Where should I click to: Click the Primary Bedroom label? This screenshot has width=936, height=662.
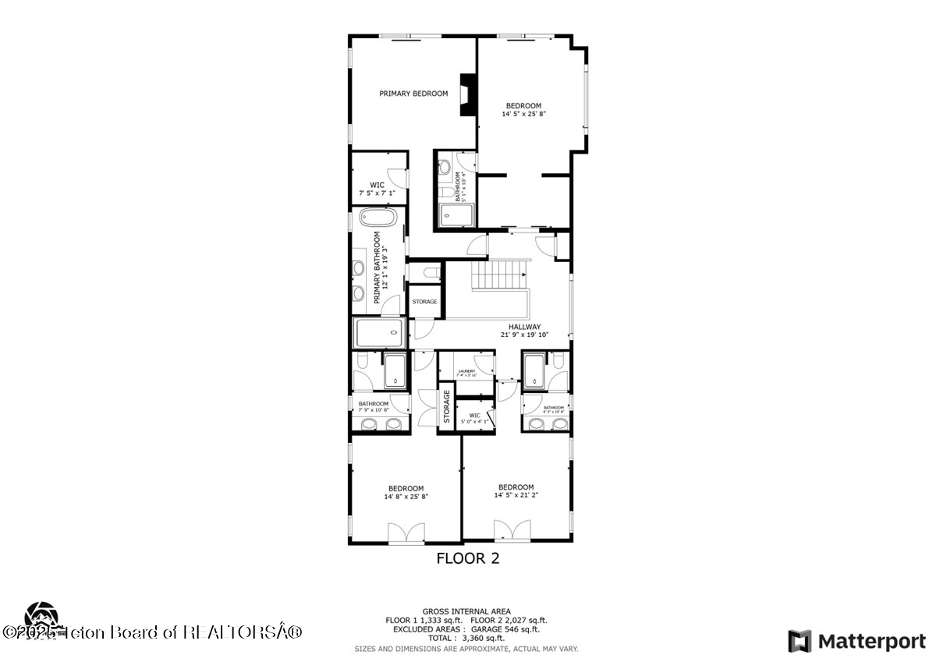pyautogui.click(x=413, y=94)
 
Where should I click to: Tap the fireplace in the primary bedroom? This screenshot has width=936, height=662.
pyautogui.click(x=467, y=94)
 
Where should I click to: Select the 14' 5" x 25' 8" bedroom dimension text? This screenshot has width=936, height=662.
pyautogui.click(x=523, y=114)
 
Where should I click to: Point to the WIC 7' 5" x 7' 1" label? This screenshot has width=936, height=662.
pyautogui.click(x=377, y=189)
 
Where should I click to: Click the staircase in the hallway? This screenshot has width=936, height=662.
pyautogui.click(x=497, y=274)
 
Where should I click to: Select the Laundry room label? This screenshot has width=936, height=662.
pyautogui.click(x=466, y=373)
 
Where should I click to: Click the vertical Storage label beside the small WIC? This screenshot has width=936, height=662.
pyautogui.click(x=447, y=407)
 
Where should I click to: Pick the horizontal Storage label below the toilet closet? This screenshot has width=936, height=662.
pyautogui.click(x=424, y=302)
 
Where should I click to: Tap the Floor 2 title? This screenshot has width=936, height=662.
pyautogui.click(x=467, y=558)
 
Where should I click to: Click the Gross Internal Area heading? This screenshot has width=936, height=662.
pyautogui.click(x=466, y=611)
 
